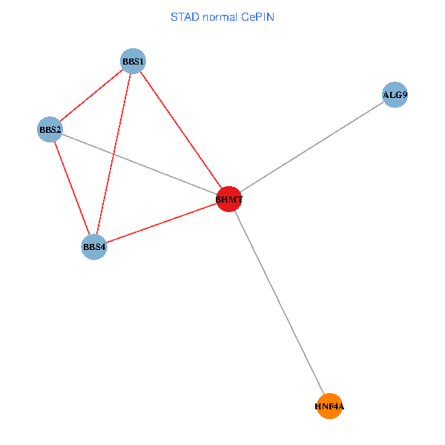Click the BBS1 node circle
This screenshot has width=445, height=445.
coord(133,61)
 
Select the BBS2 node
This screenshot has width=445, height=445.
coord(50,130)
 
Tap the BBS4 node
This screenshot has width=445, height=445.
coord(94,246)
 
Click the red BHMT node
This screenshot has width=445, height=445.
coord(229,199)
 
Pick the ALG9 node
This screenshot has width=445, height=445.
coord(395,95)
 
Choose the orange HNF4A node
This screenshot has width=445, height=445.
coord(329,406)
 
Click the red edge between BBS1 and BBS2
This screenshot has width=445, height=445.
coord(91,96)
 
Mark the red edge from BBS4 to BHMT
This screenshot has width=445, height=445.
coord(162,222)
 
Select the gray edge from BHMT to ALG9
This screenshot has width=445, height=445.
coord(311,147)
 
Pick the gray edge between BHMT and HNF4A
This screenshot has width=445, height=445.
coord(279,303)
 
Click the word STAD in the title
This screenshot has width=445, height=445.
coord(185,16)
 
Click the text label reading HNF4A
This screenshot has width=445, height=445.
coord(329,406)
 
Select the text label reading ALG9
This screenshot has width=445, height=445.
coord(395,95)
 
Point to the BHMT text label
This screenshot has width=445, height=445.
coord(229,200)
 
